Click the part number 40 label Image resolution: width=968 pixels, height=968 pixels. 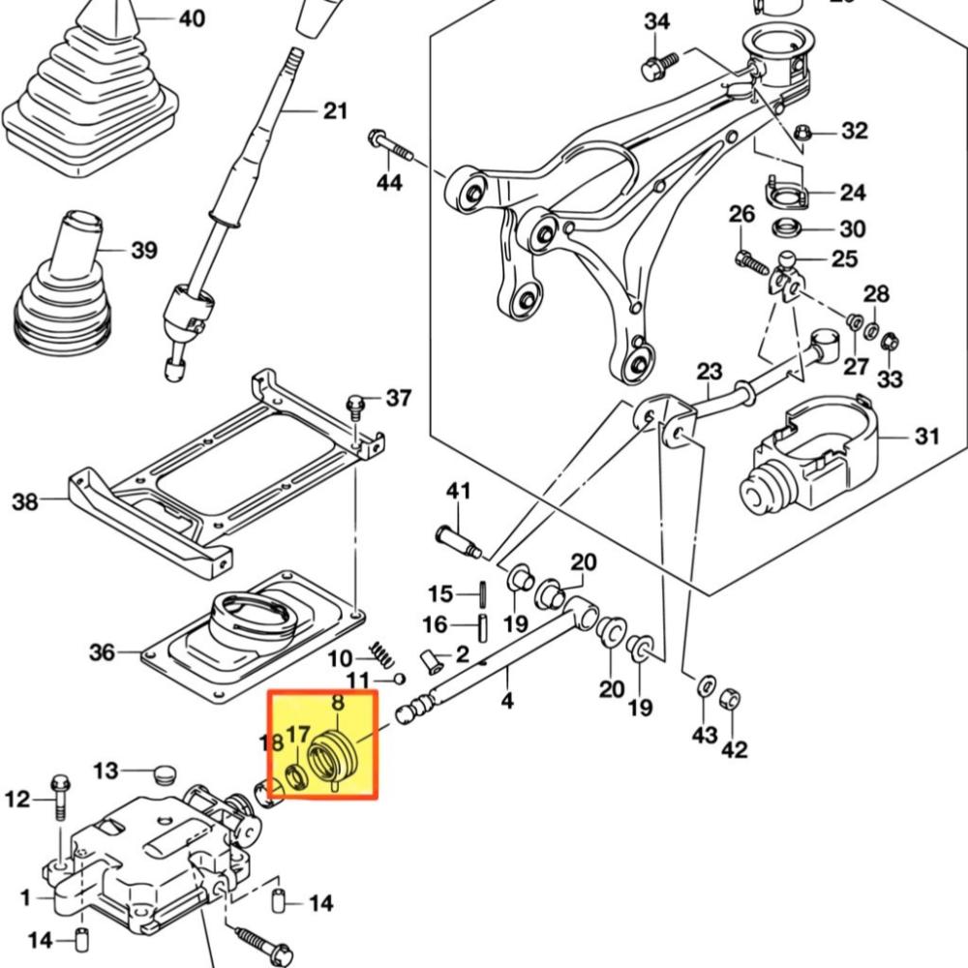192,18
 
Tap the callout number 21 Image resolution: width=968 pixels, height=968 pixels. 336,111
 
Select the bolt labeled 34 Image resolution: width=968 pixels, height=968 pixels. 660,66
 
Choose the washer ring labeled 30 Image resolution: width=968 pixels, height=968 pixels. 787,227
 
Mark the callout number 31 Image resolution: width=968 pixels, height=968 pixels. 926,437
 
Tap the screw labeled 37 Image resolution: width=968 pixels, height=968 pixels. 355,407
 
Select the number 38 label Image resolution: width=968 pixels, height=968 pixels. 25,501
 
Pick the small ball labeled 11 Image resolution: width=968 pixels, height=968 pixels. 400,680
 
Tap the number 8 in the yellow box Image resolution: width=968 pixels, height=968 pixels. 338,703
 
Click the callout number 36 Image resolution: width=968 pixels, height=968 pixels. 102,651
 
